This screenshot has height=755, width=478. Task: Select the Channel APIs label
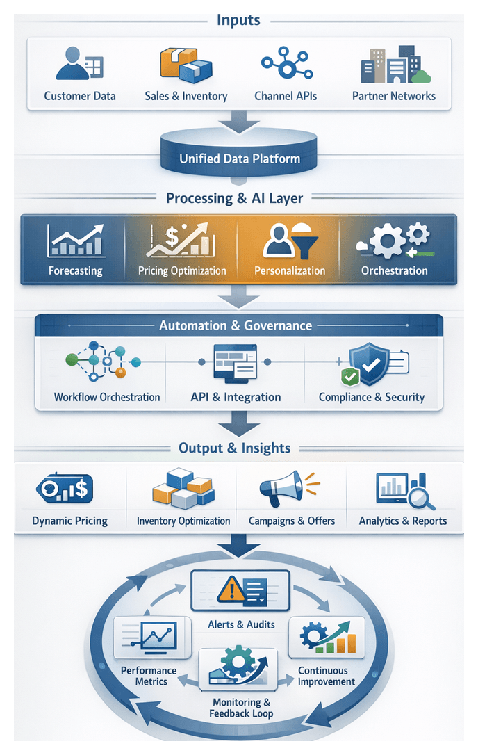click(286, 96)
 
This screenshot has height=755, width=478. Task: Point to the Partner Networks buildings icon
click(394, 66)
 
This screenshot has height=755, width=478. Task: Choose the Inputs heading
click(239, 19)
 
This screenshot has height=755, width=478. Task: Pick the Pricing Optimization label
click(182, 270)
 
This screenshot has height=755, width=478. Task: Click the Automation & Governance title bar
click(238, 325)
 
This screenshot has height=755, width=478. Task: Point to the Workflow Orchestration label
click(107, 398)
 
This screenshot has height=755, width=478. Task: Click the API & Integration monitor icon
click(235, 363)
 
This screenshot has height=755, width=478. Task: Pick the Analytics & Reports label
click(403, 521)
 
